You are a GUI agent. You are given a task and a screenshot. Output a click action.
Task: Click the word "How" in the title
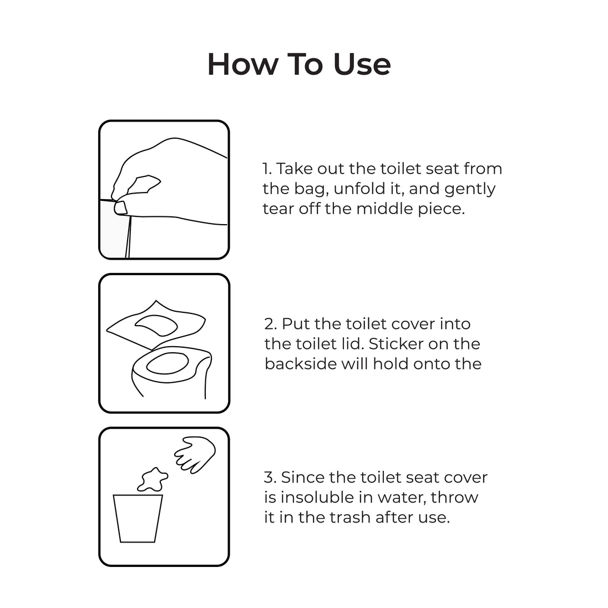(x=243, y=64)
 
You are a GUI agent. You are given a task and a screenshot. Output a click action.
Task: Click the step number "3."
(x=270, y=477)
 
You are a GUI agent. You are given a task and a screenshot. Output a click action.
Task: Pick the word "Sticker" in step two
(x=392, y=344)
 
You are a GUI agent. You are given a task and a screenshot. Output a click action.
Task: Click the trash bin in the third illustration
(x=138, y=518)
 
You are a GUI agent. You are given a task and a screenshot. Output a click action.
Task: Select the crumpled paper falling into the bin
(x=153, y=479)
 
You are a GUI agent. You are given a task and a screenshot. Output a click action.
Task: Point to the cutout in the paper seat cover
(x=156, y=325)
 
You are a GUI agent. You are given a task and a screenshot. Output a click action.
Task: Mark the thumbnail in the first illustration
(x=120, y=208)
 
